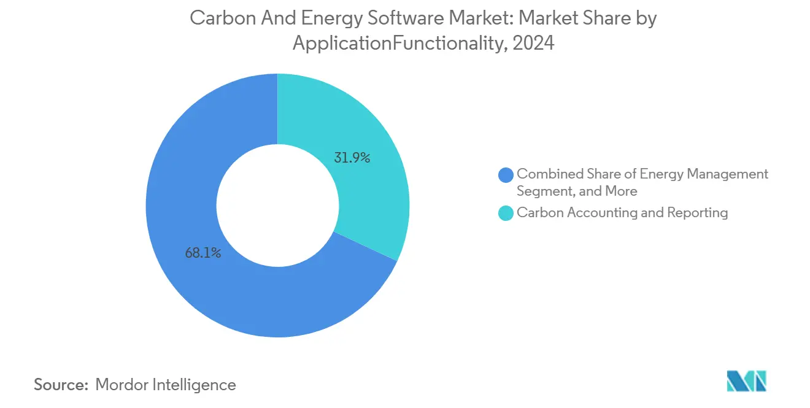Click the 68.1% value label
tap(203, 252)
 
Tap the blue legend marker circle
tap(506, 175)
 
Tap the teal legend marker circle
tap(506, 213)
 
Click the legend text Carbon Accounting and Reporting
tap(622, 213)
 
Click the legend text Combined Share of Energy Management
tap(642, 174)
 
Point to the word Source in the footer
tap(60, 385)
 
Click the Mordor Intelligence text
tap(166, 385)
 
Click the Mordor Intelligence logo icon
tap(746, 381)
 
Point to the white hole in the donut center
tap(277, 205)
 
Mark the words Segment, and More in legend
tap(577, 191)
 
